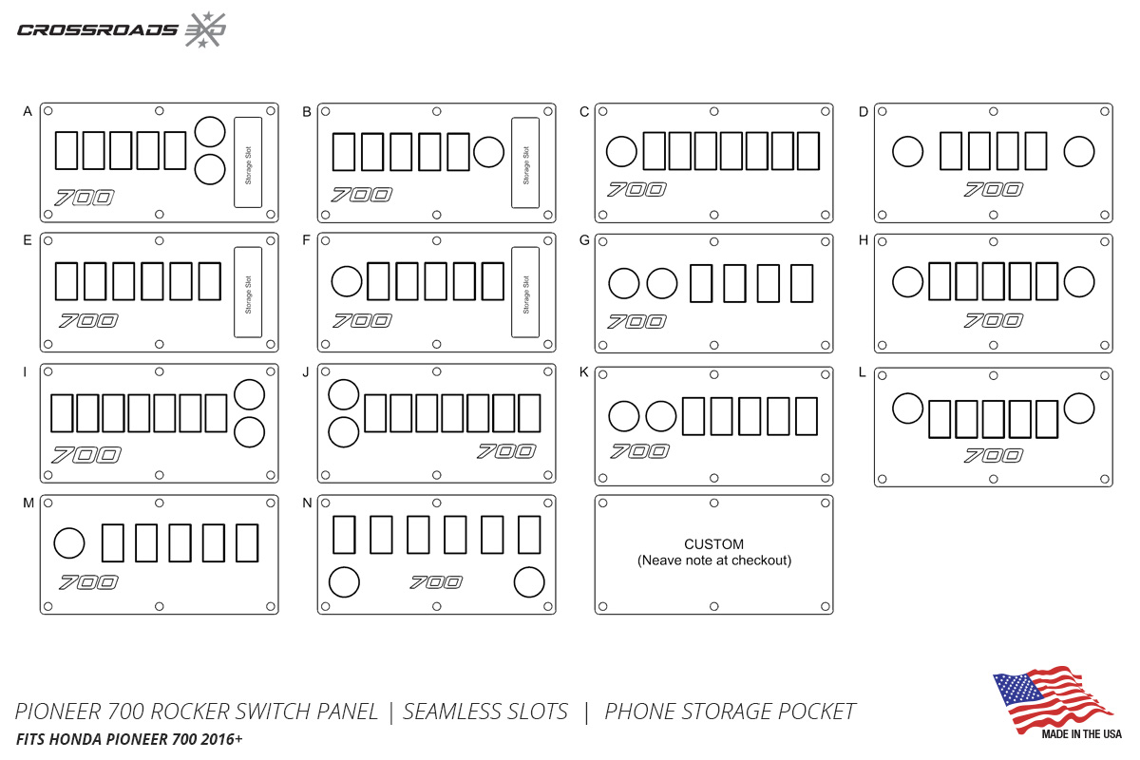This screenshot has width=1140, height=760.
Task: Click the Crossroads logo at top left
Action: tap(122, 29)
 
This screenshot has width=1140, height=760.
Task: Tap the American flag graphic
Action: tap(1054, 700)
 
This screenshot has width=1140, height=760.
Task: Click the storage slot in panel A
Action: tap(248, 162)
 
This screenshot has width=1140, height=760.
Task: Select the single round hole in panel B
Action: tap(488, 152)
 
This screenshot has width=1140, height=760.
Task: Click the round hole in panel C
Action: tap(621, 151)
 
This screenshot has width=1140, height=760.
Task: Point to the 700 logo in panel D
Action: tap(994, 189)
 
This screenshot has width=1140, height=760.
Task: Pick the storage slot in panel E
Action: tap(248, 293)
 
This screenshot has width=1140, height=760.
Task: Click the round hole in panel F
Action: tap(347, 281)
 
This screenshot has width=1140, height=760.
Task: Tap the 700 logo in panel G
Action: tap(636, 321)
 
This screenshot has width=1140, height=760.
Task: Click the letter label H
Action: tap(864, 240)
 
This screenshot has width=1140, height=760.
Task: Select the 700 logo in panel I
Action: tap(86, 454)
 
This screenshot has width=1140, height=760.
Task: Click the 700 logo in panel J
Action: tap(506, 451)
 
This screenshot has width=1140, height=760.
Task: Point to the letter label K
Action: tap(584, 372)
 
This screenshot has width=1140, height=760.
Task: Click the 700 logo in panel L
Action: tap(994, 455)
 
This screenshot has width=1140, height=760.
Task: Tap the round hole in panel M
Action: tap(69, 542)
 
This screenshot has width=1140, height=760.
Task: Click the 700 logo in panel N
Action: tap(436, 581)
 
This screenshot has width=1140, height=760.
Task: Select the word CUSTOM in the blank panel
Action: tap(714, 544)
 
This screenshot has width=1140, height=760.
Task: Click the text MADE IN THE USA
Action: tap(1081, 734)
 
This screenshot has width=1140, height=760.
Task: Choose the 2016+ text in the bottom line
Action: tap(221, 739)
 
